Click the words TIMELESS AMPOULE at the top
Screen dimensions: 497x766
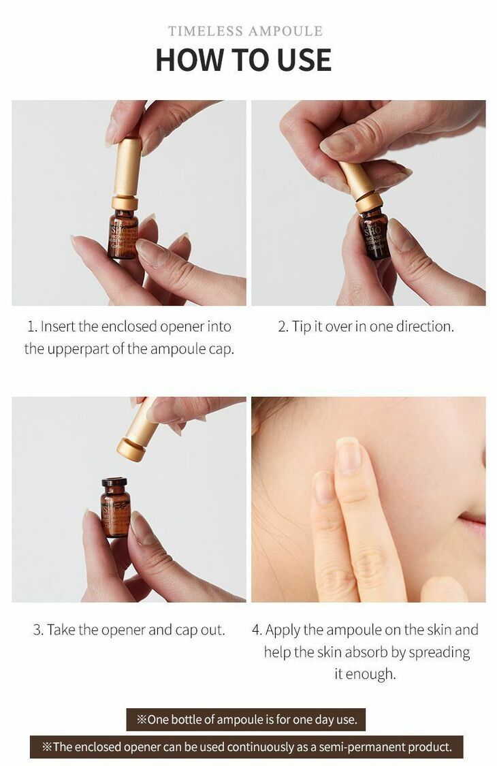tap(245, 31)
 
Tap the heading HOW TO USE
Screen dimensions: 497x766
tap(243, 60)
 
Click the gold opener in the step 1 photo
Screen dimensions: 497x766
tap(125, 174)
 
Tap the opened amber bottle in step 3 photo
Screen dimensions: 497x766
tap(115, 507)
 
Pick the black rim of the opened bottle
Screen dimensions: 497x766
tap(114, 481)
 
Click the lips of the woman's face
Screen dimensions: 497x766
tap(474, 523)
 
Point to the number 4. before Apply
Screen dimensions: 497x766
tap(257, 630)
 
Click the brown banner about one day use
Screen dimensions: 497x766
tap(246, 719)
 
